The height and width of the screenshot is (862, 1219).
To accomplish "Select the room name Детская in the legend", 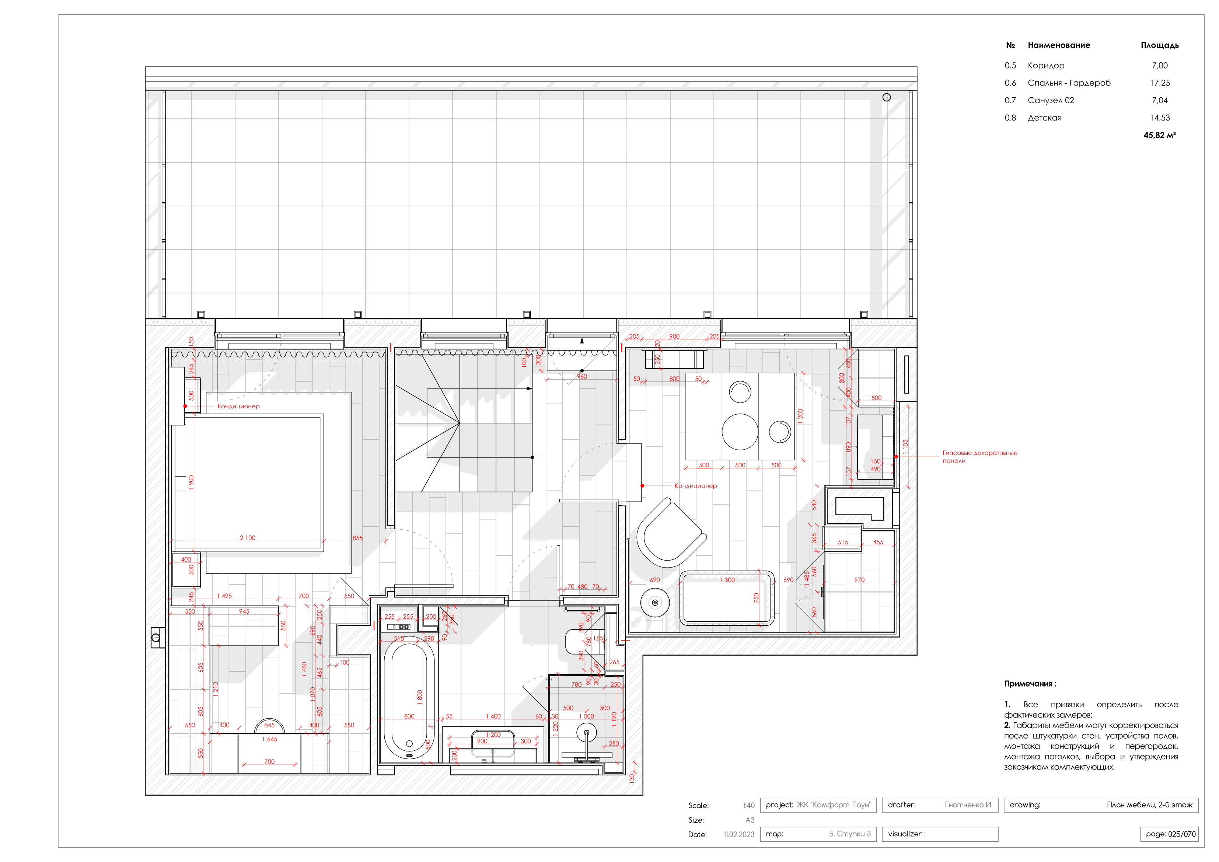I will coord(1044,118).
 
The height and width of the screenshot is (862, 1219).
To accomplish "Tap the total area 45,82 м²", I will coord(1160,135).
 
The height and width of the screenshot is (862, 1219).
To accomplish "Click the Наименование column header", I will coord(1059,45).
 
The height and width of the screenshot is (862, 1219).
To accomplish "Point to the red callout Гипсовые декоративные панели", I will coord(979,457).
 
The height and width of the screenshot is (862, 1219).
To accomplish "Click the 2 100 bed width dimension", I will coord(247,538).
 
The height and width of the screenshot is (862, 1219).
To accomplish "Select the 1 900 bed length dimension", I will coord(191,482).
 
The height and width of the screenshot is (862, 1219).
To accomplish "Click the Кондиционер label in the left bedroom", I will coord(238,406).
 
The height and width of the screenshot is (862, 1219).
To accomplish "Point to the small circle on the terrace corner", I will coord(886,97).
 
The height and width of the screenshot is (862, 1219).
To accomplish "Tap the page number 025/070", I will coord(1170,834).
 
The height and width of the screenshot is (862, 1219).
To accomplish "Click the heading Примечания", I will coord(1030,684).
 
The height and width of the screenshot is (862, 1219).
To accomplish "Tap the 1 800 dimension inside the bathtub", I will coord(419,697).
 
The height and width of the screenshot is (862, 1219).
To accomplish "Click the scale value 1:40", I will coord(748,806).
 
